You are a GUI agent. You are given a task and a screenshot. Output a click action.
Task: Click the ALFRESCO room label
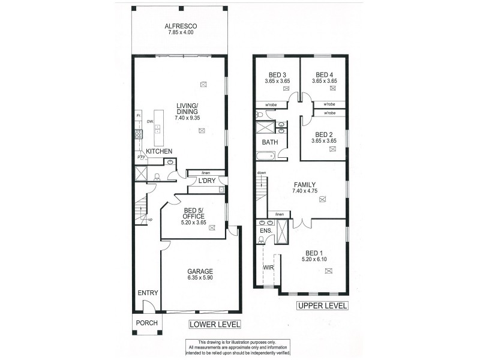[181, 26]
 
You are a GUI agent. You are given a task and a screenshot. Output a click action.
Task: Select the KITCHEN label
[160, 151]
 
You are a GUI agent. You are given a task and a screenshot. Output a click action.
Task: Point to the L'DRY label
[207, 181]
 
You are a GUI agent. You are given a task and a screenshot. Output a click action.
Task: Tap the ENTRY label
[148, 293]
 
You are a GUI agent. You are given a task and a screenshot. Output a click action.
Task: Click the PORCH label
[147, 323]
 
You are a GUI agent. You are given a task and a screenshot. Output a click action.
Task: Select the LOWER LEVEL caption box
[215, 325]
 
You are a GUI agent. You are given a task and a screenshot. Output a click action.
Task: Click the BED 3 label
[277, 74]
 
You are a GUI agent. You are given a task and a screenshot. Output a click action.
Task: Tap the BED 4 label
[324, 74]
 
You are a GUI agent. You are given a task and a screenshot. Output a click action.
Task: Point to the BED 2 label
[323, 134]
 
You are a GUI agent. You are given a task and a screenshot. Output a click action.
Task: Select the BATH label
[269, 142]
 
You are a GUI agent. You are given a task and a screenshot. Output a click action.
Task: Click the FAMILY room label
[304, 184]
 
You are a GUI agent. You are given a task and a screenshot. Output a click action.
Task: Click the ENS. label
[265, 230]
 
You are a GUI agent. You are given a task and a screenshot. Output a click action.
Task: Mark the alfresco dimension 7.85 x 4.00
[181, 34]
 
